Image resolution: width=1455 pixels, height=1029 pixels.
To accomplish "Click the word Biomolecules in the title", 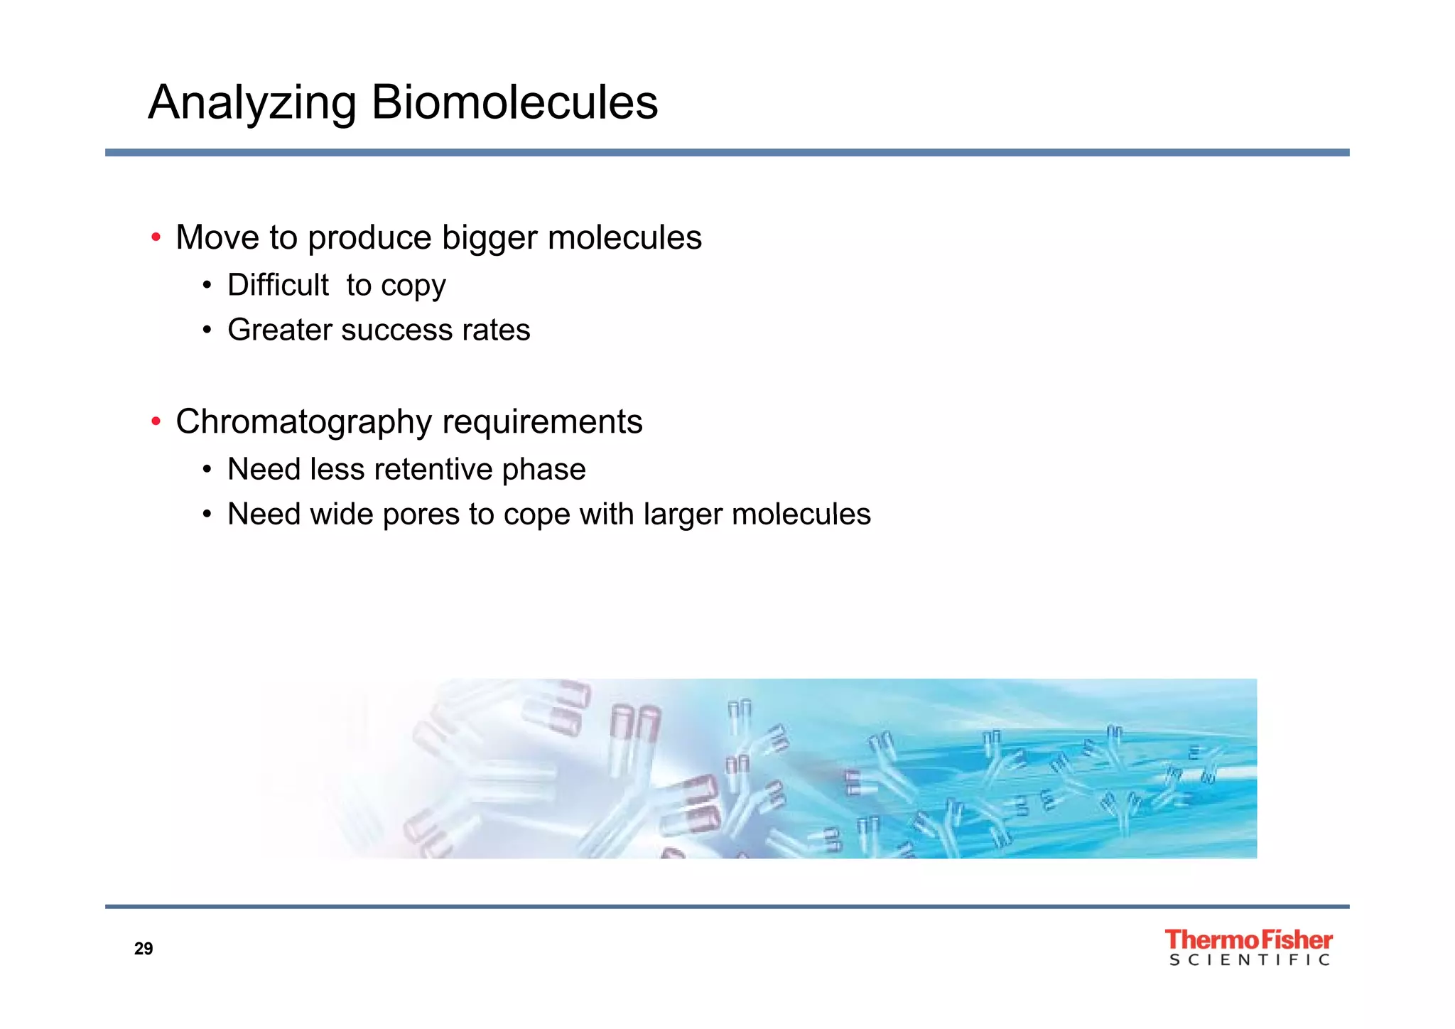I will [514, 102].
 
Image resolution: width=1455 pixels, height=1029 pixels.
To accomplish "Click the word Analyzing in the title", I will [252, 104].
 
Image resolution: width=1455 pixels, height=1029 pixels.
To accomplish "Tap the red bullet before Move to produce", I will [156, 237].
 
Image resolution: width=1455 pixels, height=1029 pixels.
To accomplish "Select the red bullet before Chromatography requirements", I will [156, 421].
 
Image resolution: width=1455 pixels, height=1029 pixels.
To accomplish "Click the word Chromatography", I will [303, 422].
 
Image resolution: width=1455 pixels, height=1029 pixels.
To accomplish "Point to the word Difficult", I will [278, 285].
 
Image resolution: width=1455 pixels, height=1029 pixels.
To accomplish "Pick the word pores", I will [421, 514].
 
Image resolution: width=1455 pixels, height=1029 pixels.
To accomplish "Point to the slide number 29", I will [144, 949].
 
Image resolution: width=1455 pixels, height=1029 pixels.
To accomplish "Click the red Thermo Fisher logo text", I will [1248, 939].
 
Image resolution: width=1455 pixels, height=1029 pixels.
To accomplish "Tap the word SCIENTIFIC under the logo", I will [1249, 960].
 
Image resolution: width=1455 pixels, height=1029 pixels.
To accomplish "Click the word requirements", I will [542, 422].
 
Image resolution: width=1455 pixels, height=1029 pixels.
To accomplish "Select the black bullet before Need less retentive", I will [207, 470].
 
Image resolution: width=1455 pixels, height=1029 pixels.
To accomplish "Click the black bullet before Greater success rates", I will [207, 330].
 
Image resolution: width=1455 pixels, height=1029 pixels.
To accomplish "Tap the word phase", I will [543, 470].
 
